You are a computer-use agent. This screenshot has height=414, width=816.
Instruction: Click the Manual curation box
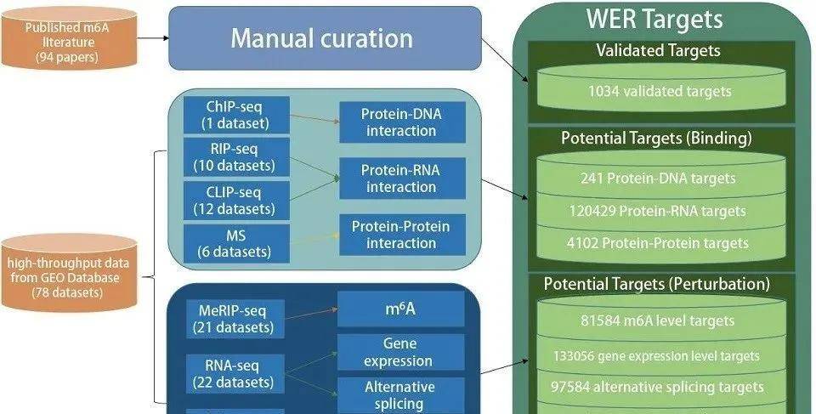coord(323,38)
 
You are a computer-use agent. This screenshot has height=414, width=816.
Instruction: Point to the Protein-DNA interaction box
coord(400,122)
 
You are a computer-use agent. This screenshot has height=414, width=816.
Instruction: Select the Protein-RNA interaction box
coord(400,179)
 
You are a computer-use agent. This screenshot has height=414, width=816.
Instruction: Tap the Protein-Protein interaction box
coord(400,234)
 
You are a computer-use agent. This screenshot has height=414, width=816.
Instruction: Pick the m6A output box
coord(400,309)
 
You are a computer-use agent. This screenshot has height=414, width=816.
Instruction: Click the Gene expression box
coord(400,352)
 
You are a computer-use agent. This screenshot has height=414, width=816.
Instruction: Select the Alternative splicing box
coord(400,395)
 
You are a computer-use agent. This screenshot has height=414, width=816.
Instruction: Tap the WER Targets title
coord(654,19)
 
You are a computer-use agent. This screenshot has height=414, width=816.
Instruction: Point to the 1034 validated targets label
coord(659,91)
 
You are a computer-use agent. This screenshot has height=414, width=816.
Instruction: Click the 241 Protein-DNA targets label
coord(659,179)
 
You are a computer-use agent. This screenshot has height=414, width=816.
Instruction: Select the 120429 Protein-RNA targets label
coord(659,211)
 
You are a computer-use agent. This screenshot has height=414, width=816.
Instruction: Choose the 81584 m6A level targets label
coord(659,321)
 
